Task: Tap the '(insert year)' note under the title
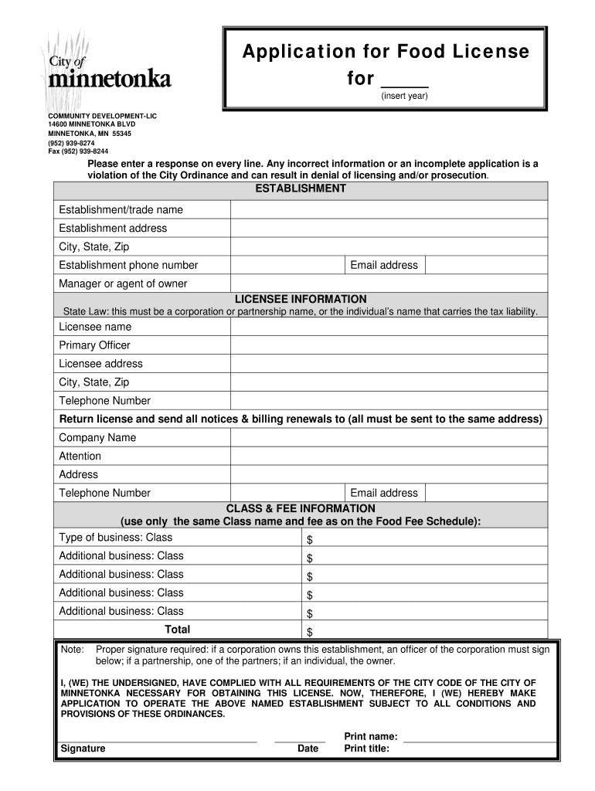click(x=403, y=97)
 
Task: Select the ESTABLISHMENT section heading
click(x=301, y=189)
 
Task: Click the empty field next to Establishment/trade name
click(x=389, y=210)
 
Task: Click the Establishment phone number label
click(x=128, y=265)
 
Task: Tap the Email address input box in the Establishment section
click(x=486, y=265)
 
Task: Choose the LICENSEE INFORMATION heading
click(x=301, y=299)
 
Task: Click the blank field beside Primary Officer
click(x=389, y=345)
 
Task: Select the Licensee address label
click(x=100, y=364)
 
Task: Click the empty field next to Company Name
click(x=389, y=438)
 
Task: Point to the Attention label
click(x=80, y=457)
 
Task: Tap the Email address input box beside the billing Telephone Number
click(x=486, y=493)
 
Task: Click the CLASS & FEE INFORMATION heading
click(x=301, y=509)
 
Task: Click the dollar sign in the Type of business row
click(x=310, y=539)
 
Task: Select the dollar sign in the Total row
click(x=310, y=632)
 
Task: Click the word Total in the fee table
click(x=177, y=630)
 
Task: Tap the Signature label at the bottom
click(x=83, y=749)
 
